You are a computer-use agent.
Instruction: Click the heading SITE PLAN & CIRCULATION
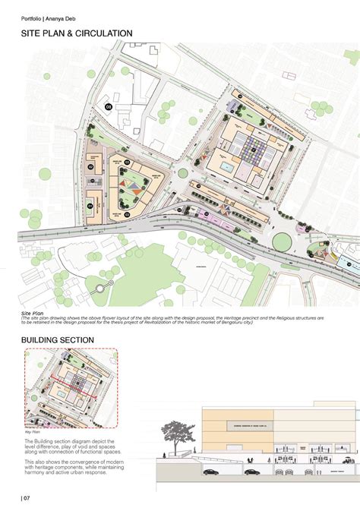click(77, 33)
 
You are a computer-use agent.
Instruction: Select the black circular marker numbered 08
click(109, 107)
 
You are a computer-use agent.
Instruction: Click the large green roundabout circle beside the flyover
click(282, 241)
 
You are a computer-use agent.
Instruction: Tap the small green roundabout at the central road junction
click(182, 173)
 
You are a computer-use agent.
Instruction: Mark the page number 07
click(26, 497)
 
